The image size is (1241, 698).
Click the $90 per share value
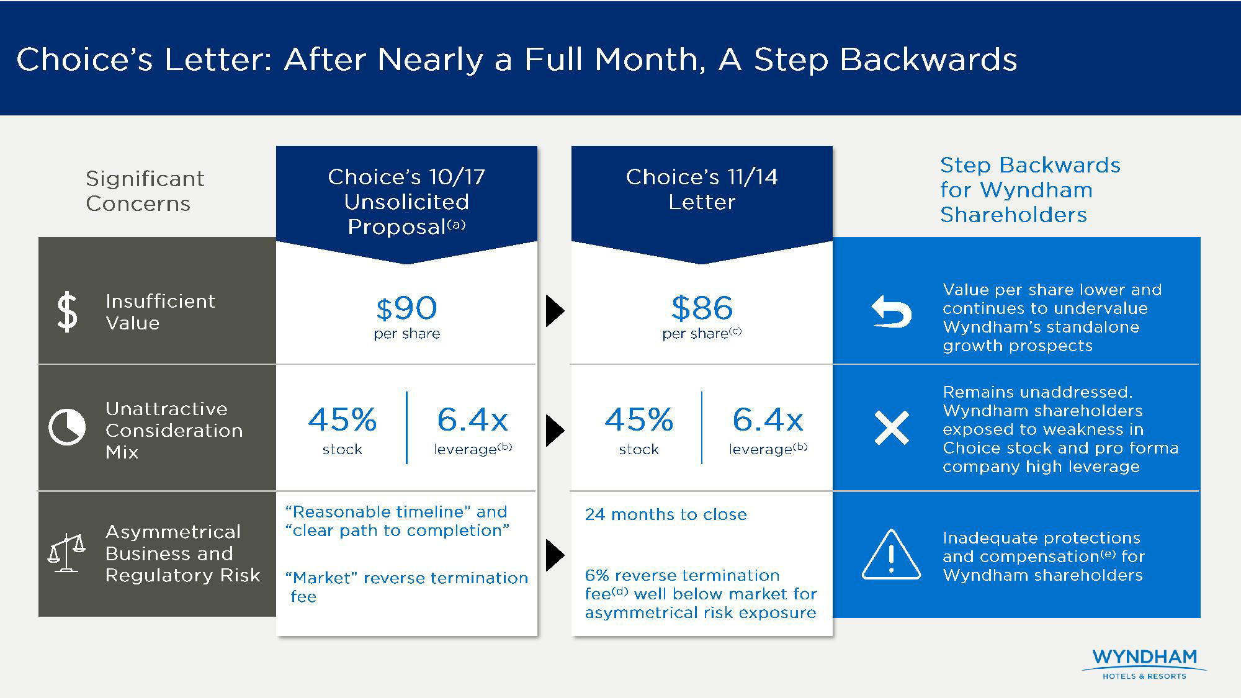click(406, 308)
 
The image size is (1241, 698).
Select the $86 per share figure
click(702, 308)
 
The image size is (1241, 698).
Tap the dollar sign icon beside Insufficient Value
click(67, 312)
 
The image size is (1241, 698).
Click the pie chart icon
click(67, 427)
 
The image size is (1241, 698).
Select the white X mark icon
click(892, 427)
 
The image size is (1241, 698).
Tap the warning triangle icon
click(891, 554)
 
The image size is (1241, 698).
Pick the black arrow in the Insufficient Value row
click(555, 311)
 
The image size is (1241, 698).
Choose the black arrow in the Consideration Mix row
click(555, 431)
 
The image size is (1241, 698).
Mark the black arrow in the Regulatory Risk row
click(555, 555)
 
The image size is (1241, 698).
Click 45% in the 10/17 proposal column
click(343, 419)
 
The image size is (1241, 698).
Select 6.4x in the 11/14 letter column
click(768, 419)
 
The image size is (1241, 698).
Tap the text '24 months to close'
click(666, 514)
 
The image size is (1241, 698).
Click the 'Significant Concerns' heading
click(145, 191)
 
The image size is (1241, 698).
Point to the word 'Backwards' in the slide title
click(928, 60)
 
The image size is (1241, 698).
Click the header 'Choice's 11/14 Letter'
click(702, 189)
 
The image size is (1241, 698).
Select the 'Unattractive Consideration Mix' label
click(174, 430)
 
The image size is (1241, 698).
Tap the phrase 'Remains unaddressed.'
click(1037, 392)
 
